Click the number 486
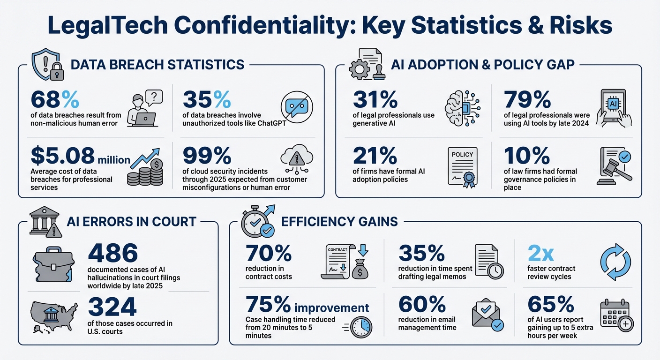[113, 254]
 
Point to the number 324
[112, 307]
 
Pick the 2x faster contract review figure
[541, 254]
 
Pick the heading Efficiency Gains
[339, 221]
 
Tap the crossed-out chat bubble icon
[296, 108]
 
